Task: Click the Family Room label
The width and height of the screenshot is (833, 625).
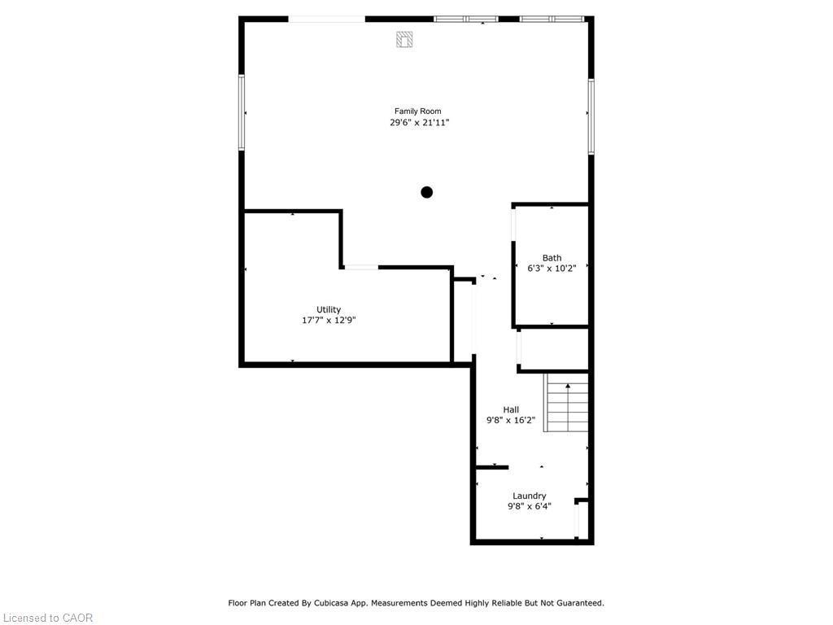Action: point(418,111)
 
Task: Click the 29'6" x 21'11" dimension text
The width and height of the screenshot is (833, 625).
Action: point(419,123)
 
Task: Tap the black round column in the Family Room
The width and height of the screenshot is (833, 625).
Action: point(426,193)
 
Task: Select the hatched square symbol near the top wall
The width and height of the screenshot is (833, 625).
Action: point(404,38)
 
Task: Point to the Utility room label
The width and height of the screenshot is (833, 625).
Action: point(329,309)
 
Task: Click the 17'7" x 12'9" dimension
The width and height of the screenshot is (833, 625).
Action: point(329,321)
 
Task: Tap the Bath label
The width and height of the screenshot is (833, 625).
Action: point(552,258)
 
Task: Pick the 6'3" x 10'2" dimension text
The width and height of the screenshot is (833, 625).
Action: point(552,269)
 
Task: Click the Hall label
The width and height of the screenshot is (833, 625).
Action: point(511,409)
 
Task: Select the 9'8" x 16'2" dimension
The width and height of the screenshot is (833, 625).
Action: point(511,421)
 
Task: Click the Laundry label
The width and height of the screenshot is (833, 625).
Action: point(529,496)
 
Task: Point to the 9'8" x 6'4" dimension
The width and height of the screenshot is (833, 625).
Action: point(529,506)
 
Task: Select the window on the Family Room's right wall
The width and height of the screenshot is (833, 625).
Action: point(591,116)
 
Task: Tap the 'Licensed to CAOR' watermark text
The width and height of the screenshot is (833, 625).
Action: point(47,618)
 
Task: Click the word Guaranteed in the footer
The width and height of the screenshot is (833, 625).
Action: point(576,603)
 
